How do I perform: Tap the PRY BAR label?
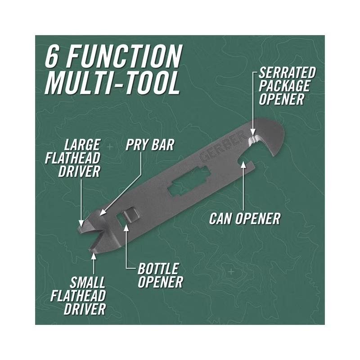150,145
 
